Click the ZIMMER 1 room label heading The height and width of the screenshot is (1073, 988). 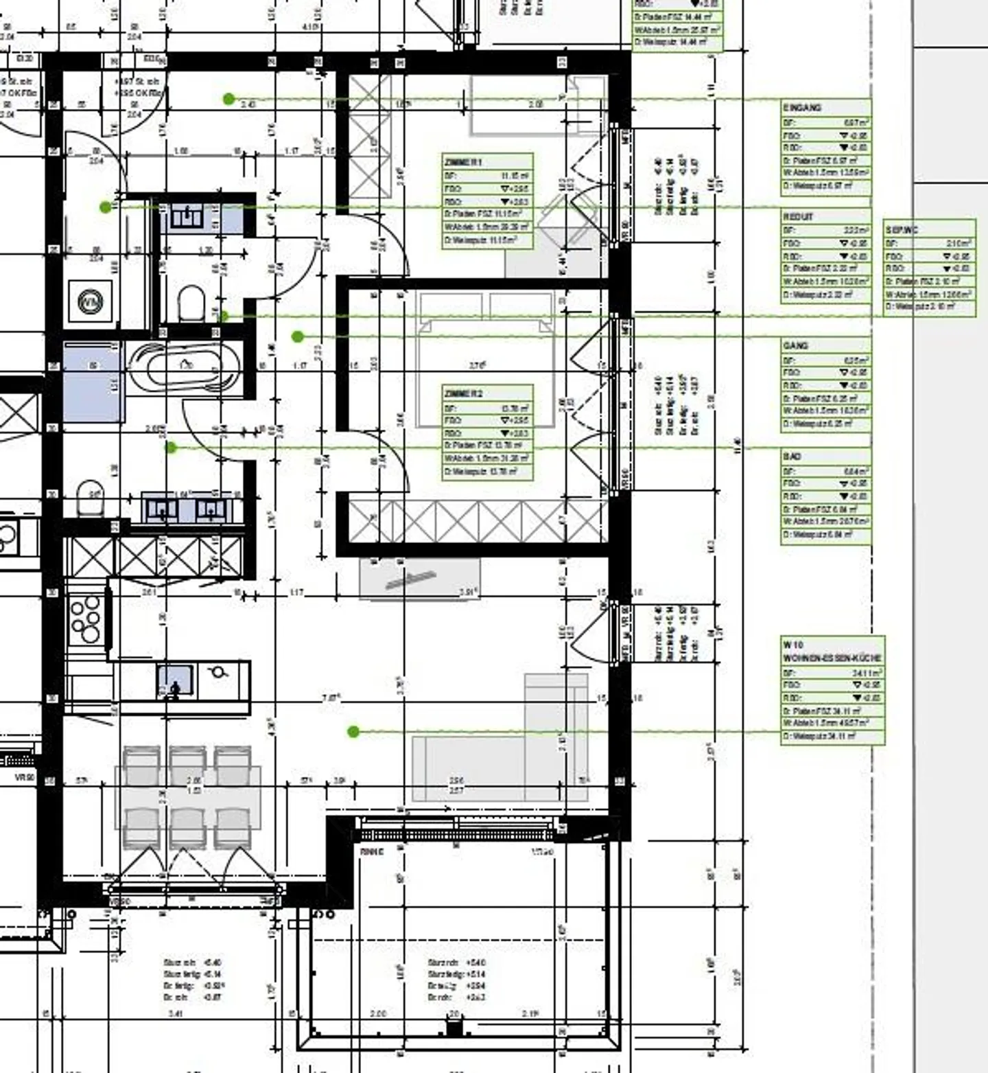click(x=464, y=162)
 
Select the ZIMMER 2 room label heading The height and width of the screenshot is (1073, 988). click(x=464, y=394)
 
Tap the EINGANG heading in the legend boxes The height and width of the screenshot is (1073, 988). click(x=802, y=108)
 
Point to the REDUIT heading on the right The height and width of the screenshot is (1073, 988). click(x=798, y=217)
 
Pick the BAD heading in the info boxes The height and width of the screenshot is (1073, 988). click(x=792, y=457)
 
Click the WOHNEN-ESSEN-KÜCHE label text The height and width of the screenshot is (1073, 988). click(x=832, y=658)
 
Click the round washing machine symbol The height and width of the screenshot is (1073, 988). click(x=91, y=302)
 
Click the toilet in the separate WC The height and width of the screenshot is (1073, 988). click(x=191, y=303)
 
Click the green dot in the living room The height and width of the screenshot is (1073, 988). click(x=353, y=732)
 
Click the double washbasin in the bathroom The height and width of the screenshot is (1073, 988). click(x=187, y=508)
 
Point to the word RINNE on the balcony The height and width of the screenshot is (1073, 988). click(x=372, y=852)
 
